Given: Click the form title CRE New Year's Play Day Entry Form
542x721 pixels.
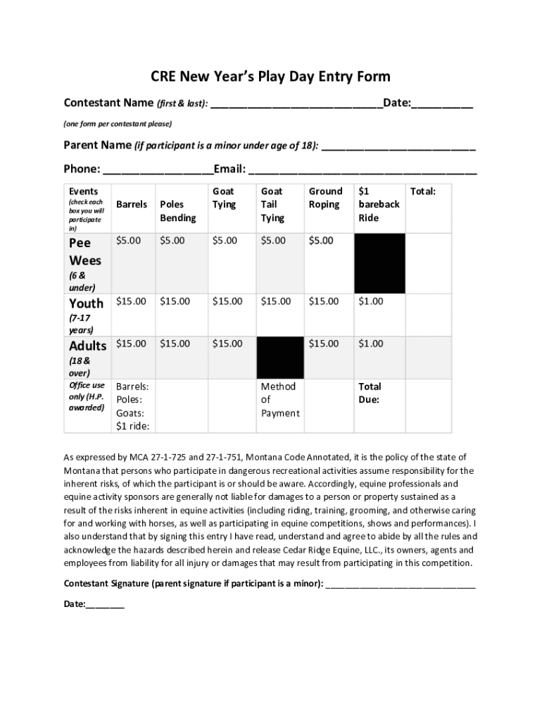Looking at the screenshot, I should click(270, 76).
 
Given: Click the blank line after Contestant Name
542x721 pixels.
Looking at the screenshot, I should click(296, 105).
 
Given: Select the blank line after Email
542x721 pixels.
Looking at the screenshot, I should click(363, 170).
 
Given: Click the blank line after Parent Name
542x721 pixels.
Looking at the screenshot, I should click(398, 147).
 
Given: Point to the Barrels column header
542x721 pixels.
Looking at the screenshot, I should click(132, 204).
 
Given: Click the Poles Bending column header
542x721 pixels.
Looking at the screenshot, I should click(177, 211).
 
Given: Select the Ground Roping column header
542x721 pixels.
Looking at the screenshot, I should click(325, 198).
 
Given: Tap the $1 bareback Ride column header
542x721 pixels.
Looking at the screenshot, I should click(378, 204).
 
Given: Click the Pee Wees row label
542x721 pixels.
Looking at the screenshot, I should click(85, 251).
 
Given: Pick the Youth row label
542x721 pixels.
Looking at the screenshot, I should click(86, 303).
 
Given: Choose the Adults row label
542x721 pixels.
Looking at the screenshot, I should click(87, 346).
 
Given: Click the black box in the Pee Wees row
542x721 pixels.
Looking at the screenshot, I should click(379, 263).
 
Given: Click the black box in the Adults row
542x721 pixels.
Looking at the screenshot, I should click(280, 358).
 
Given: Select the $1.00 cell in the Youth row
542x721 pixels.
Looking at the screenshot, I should click(371, 301).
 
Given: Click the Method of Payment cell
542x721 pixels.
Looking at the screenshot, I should click(279, 400).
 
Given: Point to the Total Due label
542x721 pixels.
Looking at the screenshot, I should click(370, 393).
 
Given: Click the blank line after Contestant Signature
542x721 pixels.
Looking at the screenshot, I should click(401, 584).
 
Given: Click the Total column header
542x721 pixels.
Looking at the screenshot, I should click(423, 192).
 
